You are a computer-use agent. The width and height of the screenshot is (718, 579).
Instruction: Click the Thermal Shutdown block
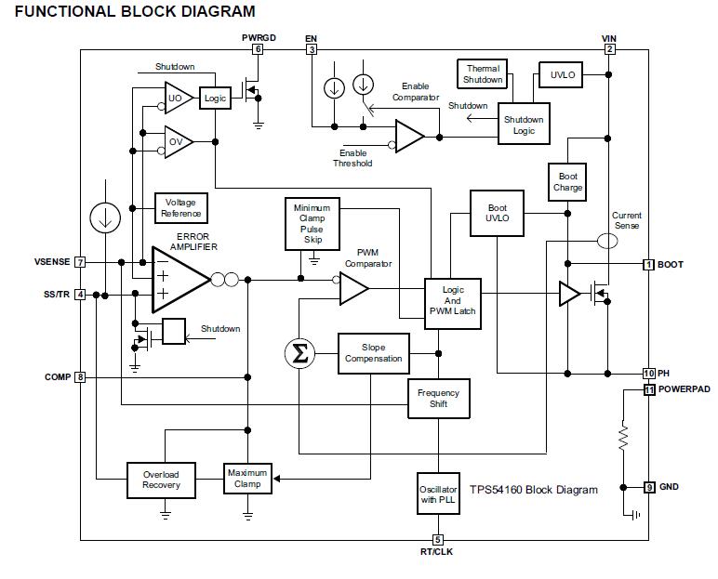click(483, 74)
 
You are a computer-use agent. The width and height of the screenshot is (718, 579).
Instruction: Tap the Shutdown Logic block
click(524, 125)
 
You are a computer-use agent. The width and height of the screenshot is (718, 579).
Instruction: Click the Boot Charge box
click(567, 182)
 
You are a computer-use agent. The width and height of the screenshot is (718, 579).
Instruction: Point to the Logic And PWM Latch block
click(452, 301)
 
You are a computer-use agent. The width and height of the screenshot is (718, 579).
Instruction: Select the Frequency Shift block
click(438, 399)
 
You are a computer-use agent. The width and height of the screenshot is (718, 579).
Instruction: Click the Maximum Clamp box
click(246, 478)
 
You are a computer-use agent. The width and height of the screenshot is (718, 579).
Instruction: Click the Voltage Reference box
click(180, 208)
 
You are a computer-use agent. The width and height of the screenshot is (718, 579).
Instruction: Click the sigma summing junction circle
click(299, 352)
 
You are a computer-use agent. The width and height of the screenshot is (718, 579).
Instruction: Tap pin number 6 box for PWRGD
click(258, 48)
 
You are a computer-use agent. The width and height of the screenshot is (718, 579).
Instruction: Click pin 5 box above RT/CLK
click(437, 540)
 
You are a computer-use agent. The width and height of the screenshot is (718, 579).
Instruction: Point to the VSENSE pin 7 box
click(80, 263)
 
